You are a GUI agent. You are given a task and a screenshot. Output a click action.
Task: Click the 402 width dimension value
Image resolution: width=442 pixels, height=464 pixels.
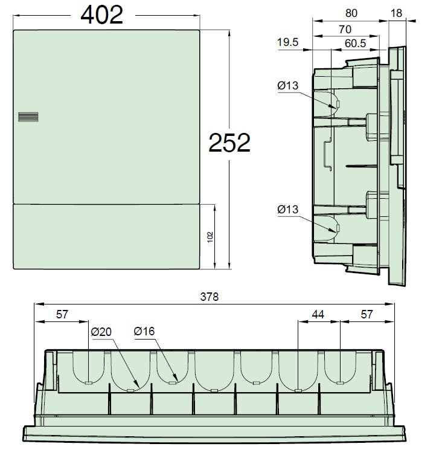click(x=102, y=15)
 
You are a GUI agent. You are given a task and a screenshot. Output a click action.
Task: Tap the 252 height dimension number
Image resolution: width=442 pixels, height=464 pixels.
click(x=229, y=143)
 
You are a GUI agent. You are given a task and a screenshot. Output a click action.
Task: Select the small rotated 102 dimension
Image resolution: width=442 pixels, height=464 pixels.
click(x=210, y=237)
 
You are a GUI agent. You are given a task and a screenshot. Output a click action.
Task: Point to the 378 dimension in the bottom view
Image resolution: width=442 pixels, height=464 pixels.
click(x=209, y=297)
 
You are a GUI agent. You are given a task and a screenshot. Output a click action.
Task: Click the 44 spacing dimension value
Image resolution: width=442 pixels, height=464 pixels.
click(x=318, y=314)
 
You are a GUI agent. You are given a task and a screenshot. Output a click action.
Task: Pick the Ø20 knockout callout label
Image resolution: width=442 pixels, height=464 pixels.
click(x=101, y=332)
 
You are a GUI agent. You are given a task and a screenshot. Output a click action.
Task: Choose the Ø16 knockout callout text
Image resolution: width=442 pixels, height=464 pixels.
click(x=144, y=331)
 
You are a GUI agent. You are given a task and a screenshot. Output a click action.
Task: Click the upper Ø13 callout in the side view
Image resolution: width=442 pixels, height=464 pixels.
click(x=287, y=86)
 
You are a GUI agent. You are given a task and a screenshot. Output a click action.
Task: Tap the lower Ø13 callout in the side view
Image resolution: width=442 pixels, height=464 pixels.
click(x=287, y=210)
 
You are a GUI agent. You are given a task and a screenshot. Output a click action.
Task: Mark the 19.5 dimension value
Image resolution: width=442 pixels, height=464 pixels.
click(x=287, y=42)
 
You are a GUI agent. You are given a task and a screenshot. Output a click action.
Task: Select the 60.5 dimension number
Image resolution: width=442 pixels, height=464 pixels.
click(x=355, y=43)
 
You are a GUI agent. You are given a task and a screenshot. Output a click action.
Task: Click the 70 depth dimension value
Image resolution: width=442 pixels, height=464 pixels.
click(x=345, y=29)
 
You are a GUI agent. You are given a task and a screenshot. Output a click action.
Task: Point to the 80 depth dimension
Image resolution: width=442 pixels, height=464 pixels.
click(x=351, y=13)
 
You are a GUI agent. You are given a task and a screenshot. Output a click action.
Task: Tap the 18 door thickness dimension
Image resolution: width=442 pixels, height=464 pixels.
click(x=396, y=13)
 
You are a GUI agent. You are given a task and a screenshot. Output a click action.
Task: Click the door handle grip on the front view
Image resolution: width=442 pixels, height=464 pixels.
click(x=28, y=117)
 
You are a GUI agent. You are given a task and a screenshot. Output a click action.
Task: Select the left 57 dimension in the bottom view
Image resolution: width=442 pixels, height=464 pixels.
click(x=62, y=314)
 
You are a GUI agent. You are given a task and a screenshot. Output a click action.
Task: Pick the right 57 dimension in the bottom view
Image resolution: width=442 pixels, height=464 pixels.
click(x=367, y=314)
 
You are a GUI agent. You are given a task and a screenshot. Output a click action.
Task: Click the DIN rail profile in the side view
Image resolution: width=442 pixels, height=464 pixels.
click(x=328, y=154)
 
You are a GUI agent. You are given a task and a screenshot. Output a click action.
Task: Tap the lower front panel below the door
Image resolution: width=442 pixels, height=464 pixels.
click(x=106, y=237)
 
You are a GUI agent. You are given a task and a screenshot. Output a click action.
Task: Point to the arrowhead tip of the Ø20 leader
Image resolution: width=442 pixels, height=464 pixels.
click(x=139, y=388)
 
